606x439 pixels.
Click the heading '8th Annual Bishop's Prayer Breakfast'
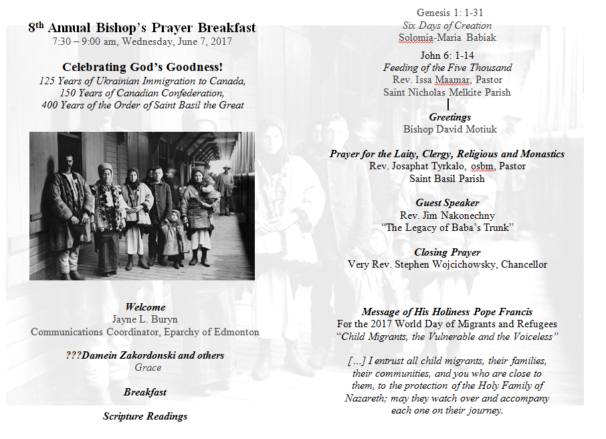142,28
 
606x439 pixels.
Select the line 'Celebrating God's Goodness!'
142,67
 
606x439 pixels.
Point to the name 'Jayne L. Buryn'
144,319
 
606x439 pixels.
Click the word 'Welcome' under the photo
144,308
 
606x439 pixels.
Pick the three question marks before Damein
74,355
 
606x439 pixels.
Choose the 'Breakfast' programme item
145,392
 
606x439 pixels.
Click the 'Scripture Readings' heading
145,416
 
